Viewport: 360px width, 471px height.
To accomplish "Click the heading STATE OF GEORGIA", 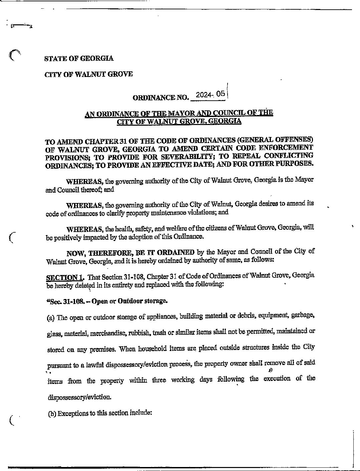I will coord(79,58).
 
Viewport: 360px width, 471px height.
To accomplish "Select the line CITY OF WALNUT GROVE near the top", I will coord(88,74).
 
